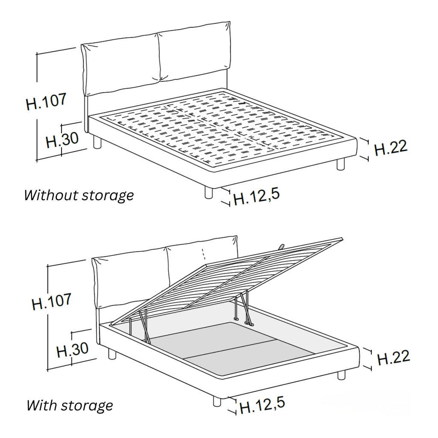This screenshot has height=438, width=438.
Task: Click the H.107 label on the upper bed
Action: (46, 101)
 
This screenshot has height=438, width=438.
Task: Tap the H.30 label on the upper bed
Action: (62, 140)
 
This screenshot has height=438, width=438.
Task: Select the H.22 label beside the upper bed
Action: (391, 148)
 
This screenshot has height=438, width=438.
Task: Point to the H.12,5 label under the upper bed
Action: (257, 197)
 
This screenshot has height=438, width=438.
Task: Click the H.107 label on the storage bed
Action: (52, 302)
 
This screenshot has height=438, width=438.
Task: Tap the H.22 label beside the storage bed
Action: (394, 358)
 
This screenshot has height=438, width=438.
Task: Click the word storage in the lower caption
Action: (87, 406)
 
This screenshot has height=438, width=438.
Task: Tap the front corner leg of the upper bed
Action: (208, 192)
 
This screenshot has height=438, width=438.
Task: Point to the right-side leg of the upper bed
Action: (340, 164)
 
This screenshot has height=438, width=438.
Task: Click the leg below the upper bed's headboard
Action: (97, 142)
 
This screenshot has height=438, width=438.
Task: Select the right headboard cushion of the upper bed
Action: (194, 52)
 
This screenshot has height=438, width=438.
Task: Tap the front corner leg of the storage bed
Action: (217, 401)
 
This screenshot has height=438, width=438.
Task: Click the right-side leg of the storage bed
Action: (341, 375)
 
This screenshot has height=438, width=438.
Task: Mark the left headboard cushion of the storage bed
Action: (130, 279)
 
